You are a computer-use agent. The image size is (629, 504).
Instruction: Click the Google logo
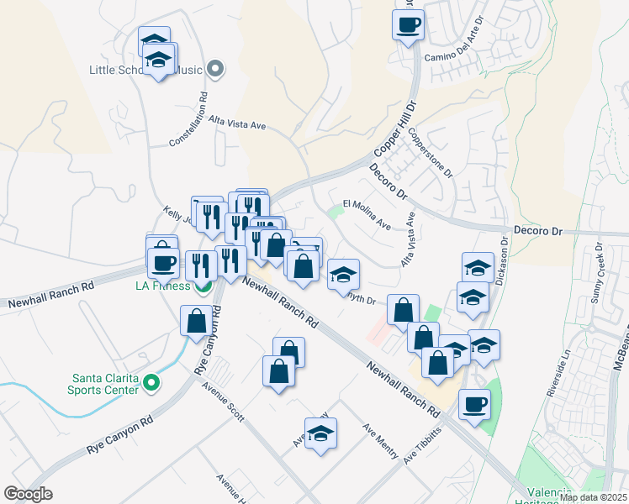(28, 494)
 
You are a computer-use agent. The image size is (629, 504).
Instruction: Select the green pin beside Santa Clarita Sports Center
(151, 383)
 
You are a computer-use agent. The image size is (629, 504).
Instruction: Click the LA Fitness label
(165, 286)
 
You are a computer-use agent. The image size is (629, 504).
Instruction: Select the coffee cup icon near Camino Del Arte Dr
(408, 24)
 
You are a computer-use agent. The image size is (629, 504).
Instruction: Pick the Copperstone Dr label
(431, 152)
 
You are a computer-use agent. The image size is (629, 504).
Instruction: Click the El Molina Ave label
(367, 214)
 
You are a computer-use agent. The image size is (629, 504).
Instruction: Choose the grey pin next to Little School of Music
(215, 69)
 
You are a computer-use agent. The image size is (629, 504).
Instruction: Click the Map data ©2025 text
(593, 497)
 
